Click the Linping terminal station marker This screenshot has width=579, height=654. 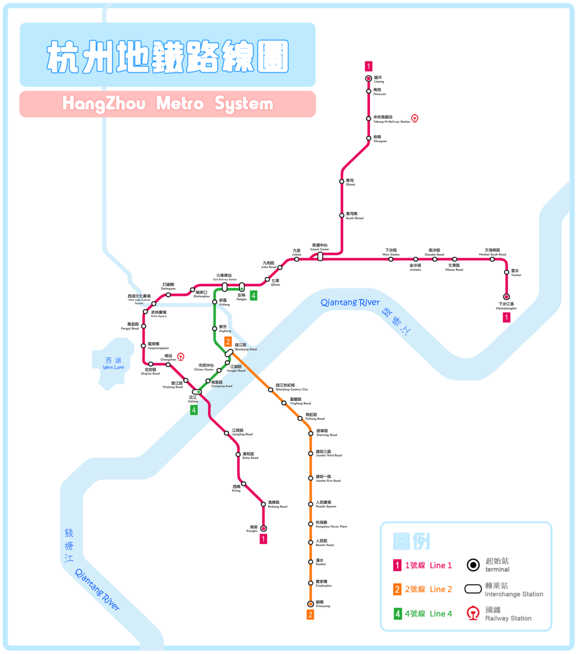(368, 79)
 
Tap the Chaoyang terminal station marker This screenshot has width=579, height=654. (310, 603)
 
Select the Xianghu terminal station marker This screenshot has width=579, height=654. (263, 528)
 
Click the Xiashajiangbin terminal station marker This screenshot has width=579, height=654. (507, 297)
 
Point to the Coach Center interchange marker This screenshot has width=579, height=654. (320, 256)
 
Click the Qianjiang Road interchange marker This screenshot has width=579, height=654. (229, 352)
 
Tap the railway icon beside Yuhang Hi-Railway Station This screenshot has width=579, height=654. (415, 119)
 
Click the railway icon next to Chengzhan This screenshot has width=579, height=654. (181, 357)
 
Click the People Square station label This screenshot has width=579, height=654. (325, 504)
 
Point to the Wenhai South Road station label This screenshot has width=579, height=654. (492, 252)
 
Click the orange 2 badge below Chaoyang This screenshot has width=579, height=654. (310, 615)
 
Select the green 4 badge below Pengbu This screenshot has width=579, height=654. (253, 295)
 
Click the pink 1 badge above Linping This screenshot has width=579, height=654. (368, 66)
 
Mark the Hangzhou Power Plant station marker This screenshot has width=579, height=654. (310, 524)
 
